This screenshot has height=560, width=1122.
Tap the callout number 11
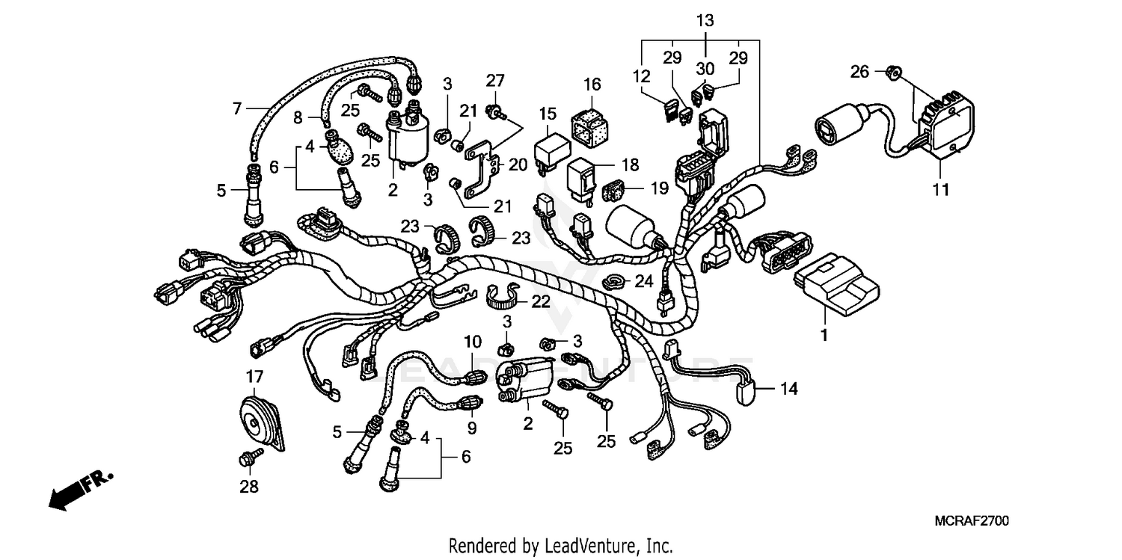[940, 190]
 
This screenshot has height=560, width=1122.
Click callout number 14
[789, 389]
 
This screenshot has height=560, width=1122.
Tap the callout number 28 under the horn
[248, 487]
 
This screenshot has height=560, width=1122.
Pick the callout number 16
[592, 84]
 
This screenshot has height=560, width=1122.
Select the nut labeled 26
[892, 73]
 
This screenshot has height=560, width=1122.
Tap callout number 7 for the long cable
[237, 109]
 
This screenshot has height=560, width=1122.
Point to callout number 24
[643, 281]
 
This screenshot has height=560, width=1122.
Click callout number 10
[472, 342]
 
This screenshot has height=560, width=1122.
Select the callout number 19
[657, 188]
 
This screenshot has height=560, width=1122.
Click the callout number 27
[495, 80]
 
